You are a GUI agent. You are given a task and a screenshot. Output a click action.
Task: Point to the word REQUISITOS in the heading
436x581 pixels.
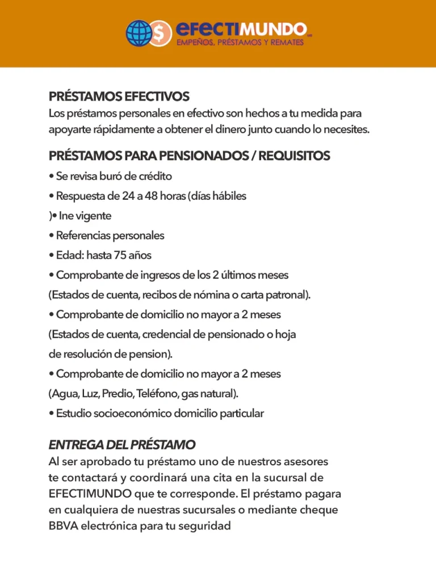click(294, 155)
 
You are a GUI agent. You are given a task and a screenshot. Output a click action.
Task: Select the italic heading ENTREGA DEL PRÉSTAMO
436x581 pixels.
click(122, 444)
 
